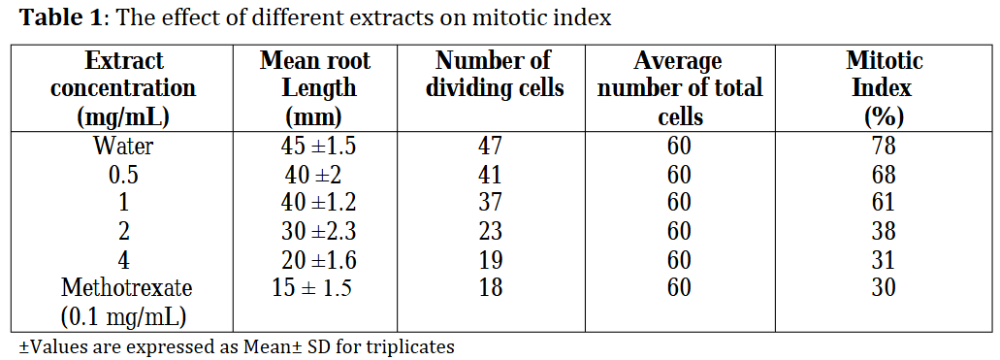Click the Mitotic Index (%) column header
[884, 88]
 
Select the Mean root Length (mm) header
[315, 88]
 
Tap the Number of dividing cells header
[495, 75]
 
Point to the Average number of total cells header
[680, 88]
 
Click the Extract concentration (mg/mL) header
[123, 88]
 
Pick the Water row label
[123, 147]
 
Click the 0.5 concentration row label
[123, 175]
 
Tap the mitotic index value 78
[884, 147]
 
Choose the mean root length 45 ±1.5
[318, 147]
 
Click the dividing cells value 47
[491, 147]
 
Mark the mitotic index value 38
[884, 230]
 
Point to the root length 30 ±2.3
[318, 230]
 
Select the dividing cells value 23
[491, 230]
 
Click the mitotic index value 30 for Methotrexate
[884, 287]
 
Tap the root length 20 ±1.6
[318, 259]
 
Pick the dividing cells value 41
[491, 175]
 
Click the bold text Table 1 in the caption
[60, 17]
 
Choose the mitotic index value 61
[884, 203]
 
